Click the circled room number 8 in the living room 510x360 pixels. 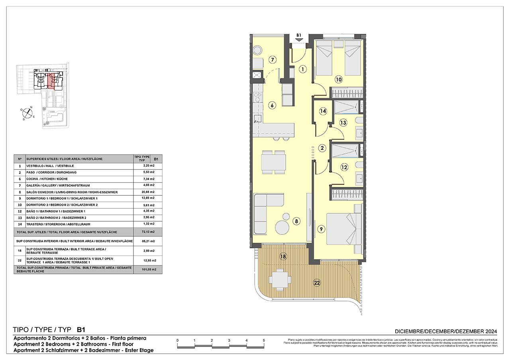296,220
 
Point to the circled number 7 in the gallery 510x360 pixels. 273,60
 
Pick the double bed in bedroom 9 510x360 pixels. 343,229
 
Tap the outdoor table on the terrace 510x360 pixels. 279,279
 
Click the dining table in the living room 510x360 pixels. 273,162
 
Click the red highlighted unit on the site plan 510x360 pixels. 51,80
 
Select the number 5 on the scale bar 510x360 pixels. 264,340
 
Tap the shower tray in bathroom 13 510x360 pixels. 345,108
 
